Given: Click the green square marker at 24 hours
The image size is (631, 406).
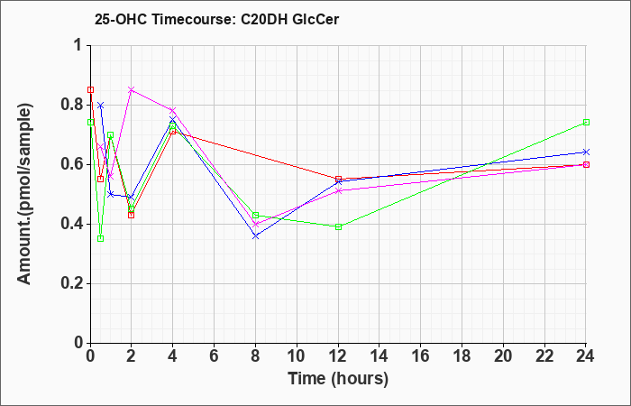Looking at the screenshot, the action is [586, 122].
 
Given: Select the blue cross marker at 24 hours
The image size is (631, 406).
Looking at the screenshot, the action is [586, 152].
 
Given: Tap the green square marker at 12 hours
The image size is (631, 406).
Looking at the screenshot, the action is [338, 226].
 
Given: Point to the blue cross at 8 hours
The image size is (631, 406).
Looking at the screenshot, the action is [255, 236].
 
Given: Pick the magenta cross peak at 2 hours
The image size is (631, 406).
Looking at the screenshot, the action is [132, 90].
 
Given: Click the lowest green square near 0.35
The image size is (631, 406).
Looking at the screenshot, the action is [101, 238].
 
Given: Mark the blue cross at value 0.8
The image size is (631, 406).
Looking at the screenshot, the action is [101, 106].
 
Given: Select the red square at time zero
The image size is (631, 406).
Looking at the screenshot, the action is [90, 89].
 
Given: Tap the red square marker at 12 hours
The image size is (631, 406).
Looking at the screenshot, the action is [338, 179].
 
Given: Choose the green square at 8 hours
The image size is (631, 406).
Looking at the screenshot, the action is [255, 215].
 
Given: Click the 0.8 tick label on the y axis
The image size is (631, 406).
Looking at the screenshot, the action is [72, 106].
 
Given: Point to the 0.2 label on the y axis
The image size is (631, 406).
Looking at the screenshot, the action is [72, 283].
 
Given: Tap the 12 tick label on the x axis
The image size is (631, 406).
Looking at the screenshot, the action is [338, 356].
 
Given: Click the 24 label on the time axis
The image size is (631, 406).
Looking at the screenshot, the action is [586, 356].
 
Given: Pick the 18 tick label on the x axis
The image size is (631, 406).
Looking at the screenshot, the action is [462, 356].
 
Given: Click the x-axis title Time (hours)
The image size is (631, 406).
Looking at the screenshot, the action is [338, 379].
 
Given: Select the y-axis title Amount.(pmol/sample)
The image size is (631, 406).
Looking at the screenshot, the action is [24, 194].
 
